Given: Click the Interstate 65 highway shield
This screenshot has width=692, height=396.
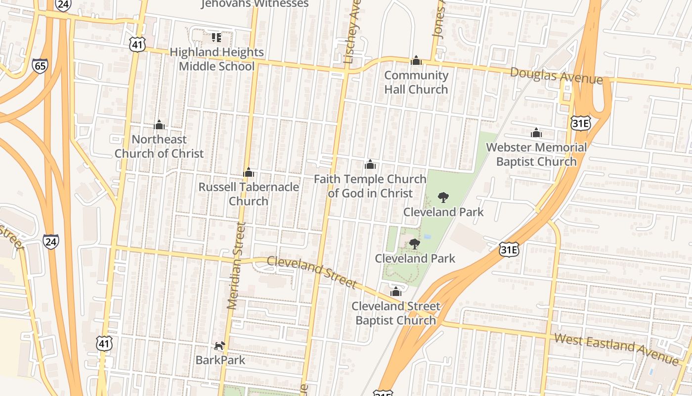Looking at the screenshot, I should (x=40, y=66).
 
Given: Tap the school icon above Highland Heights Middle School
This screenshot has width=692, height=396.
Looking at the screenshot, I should (x=216, y=38).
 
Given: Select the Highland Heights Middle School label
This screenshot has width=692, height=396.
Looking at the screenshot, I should (x=216, y=59).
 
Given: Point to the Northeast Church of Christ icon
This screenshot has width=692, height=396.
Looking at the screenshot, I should (x=159, y=125).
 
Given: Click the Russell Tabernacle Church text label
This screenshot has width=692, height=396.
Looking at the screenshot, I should (x=249, y=194).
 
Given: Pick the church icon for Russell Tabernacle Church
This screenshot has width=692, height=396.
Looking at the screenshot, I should (x=249, y=173).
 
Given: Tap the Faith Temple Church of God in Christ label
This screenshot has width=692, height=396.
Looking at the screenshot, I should (x=370, y=186).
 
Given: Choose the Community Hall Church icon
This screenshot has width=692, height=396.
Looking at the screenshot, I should (x=416, y=61).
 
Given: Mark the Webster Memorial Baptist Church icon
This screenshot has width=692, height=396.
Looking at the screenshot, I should (x=536, y=133).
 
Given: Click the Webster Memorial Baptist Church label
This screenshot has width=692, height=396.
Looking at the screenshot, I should (x=536, y=154).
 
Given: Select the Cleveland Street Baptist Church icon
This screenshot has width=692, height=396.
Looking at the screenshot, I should (x=395, y=292).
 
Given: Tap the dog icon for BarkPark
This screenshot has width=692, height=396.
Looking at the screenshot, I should (x=220, y=346).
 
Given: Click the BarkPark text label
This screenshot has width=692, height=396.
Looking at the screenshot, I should (x=220, y=360).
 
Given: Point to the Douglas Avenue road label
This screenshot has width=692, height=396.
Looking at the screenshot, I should (x=556, y=75).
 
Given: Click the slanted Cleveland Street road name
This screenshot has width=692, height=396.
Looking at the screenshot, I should (x=311, y=272).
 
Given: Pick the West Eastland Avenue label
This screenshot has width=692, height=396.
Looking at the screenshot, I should (x=616, y=349).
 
